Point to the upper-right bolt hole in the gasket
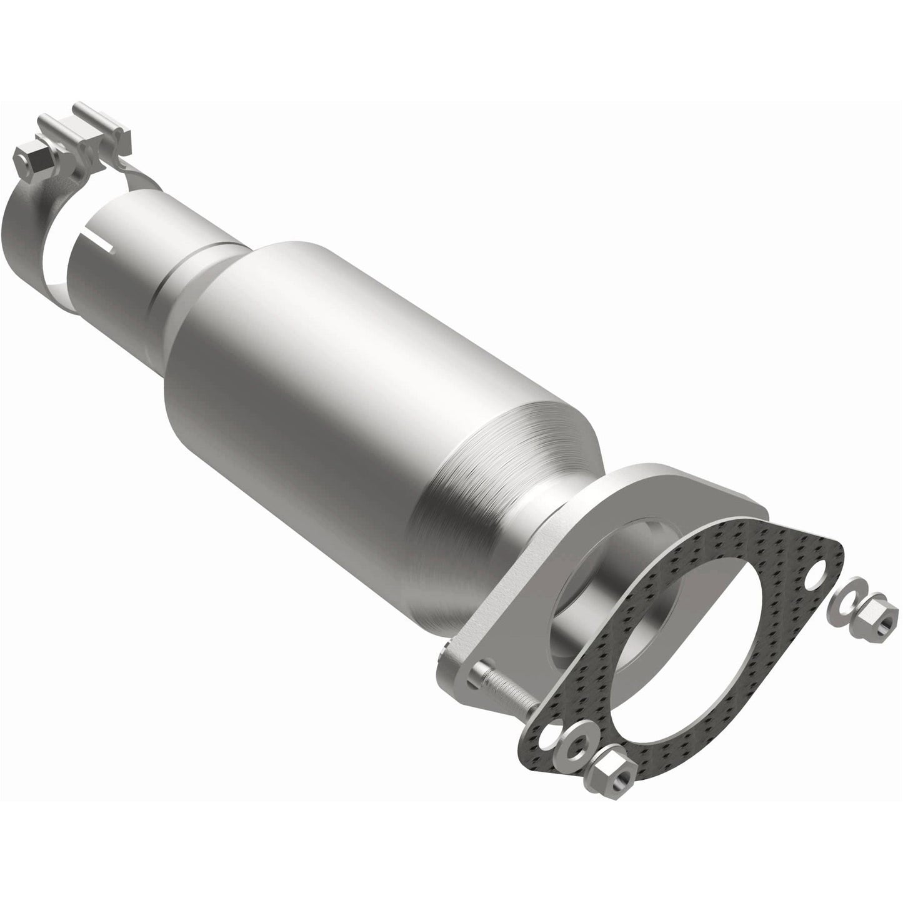coord(811,568)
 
